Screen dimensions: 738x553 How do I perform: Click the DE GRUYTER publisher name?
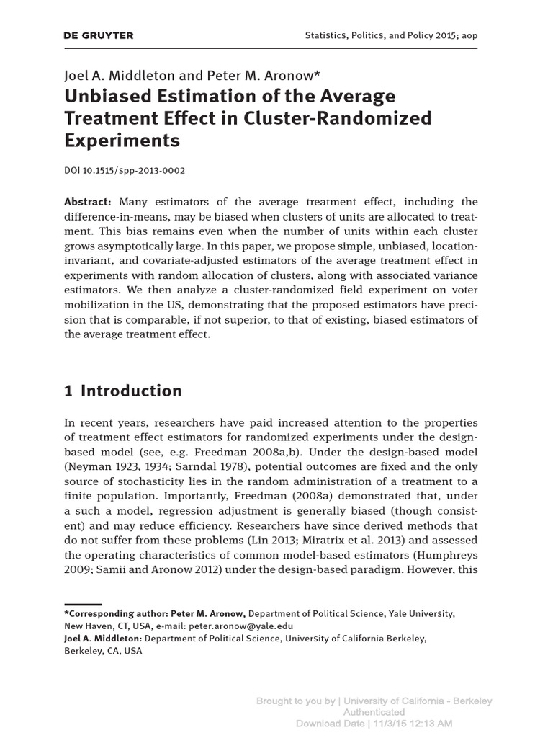[99, 35]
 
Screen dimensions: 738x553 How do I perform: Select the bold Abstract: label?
[88, 203]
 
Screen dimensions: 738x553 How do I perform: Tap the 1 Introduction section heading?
[123, 391]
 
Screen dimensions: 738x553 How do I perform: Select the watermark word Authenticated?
[374, 712]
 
